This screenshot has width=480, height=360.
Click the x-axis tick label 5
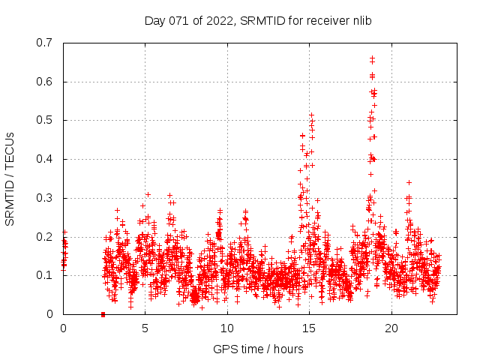pos(145,328)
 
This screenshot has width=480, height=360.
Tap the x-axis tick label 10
pos(227,328)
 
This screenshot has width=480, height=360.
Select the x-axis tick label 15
pos(309,328)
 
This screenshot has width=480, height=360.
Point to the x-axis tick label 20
pos(391,328)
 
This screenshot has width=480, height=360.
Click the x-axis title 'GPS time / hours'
pos(258,349)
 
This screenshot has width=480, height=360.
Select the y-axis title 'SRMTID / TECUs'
pos(10,178)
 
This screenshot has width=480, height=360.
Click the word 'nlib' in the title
pos(359,21)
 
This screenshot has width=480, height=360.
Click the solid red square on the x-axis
pos(103,314)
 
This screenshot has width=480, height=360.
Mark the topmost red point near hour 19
pos(372,57)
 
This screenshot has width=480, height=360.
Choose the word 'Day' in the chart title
pos(154,21)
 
